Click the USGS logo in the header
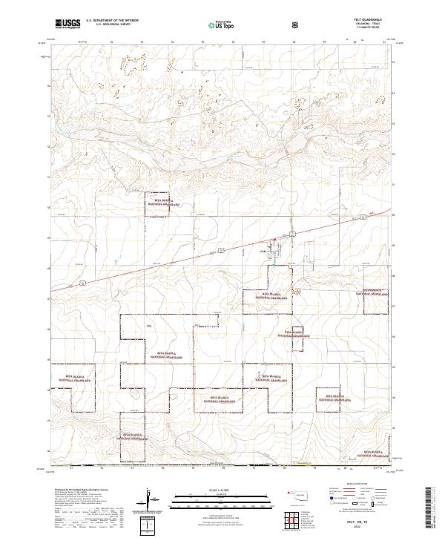pos(68,24)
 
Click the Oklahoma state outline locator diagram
pos(301,495)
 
